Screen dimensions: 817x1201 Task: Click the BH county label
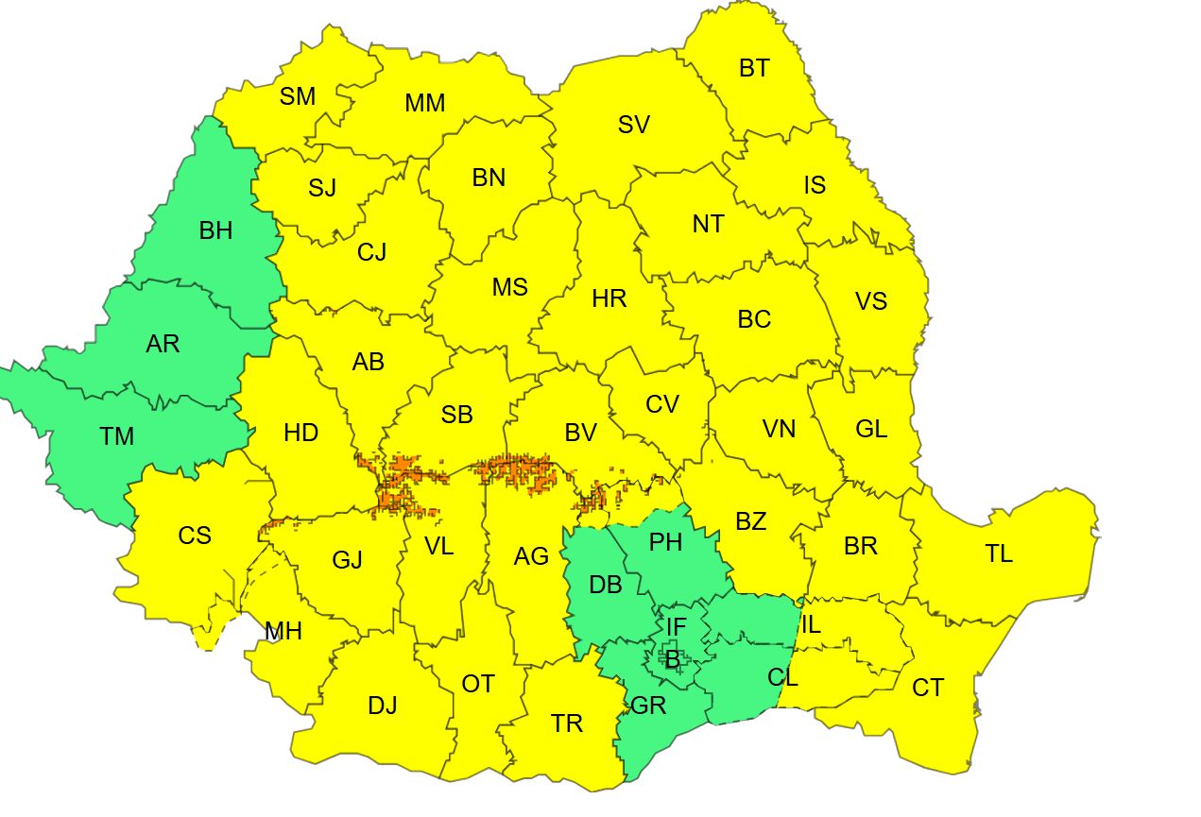tap(215, 230)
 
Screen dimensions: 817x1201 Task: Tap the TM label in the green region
tap(116, 436)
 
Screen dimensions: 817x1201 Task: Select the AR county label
tap(163, 343)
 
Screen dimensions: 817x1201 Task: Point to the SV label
tap(634, 125)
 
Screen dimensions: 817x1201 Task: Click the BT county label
tap(754, 68)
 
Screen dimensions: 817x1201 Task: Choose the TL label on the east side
tap(999, 553)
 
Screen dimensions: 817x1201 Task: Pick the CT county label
tap(928, 688)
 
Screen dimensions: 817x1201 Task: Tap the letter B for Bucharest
tap(672, 660)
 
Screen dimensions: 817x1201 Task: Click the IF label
tap(677, 626)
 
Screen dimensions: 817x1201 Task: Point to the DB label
tap(606, 585)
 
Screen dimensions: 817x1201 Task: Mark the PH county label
tap(666, 543)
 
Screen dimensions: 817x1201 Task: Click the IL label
tap(811, 624)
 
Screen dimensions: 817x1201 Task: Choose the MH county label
tap(283, 631)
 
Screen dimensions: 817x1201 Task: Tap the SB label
tap(457, 415)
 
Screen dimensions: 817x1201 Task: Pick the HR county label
tap(609, 299)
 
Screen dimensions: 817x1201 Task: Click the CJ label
tap(371, 252)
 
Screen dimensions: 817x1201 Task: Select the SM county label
tap(298, 96)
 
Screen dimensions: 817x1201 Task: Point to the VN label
tap(780, 429)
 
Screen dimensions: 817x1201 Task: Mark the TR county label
tap(567, 724)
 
